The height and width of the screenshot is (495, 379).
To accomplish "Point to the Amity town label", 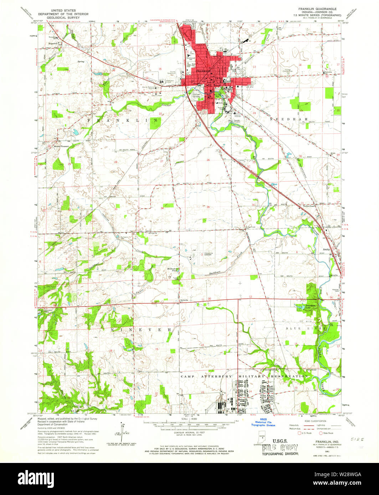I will click(x=326, y=250).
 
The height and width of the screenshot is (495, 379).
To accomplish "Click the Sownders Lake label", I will click(x=302, y=306).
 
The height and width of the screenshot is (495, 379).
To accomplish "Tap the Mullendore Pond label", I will click(x=174, y=270).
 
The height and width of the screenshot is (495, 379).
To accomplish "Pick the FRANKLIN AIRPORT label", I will click(x=208, y=254).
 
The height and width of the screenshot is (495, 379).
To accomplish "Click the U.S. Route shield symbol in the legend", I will click(x=299, y=433).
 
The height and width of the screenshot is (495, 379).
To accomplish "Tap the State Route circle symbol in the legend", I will click(x=321, y=433).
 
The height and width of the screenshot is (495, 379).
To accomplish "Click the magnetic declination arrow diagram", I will click(x=123, y=430).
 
